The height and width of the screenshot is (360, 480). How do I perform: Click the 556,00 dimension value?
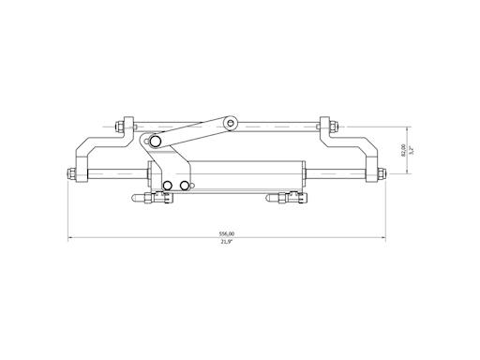tap(226, 233)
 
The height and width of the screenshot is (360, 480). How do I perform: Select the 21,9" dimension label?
tap(226, 243)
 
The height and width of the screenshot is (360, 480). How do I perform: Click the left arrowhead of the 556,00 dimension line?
tap(70, 238)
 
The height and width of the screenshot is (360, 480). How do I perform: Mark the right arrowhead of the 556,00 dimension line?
tap(386, 238)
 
